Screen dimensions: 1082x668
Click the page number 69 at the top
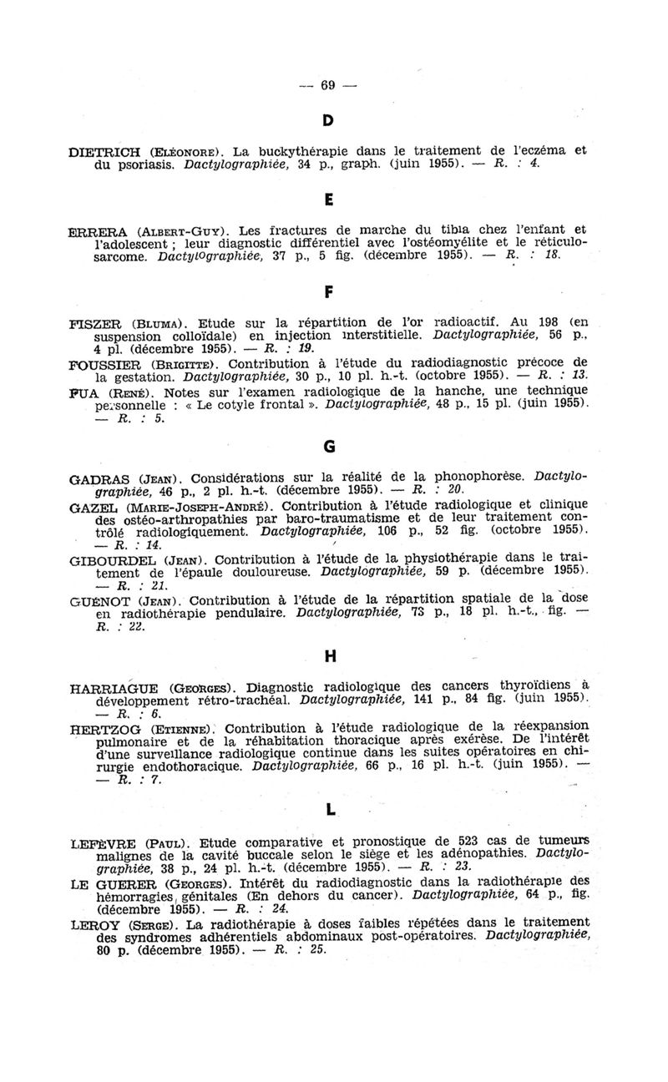(327, 84)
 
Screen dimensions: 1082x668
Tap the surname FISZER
(98, 320)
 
